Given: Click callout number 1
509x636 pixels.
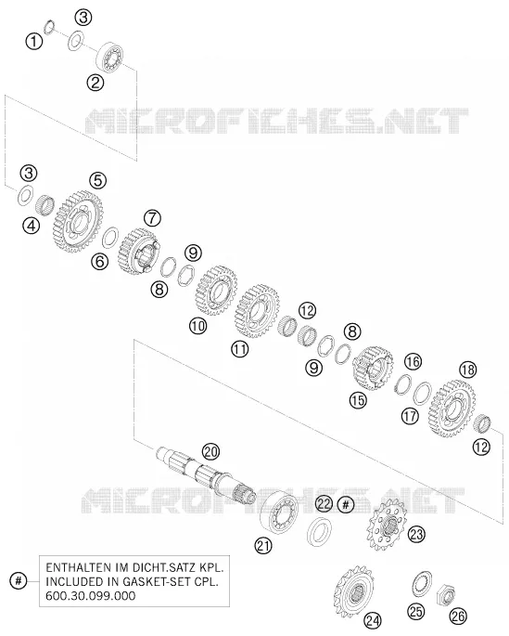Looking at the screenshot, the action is tap(34, 42).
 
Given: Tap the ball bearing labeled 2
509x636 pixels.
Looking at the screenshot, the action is tap(109, 58).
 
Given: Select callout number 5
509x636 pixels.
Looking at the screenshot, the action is tap(98, 180).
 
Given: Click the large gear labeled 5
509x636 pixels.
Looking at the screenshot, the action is tap(78, 222).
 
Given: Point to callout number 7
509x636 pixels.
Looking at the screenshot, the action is tap(152, 218).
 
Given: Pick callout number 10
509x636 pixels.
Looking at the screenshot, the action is tap(197, 326).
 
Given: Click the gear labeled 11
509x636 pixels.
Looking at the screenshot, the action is tap(257, 312).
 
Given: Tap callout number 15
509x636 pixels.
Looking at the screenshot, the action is tap(358, 401).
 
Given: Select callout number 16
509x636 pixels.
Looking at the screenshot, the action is tap(413, 361).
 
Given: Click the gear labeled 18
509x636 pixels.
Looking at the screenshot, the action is tap(452, 409).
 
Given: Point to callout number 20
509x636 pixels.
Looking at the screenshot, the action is tap(211, 451).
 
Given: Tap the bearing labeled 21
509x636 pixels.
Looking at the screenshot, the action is tap(278, 512).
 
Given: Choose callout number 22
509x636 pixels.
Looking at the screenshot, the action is tap(324, 504).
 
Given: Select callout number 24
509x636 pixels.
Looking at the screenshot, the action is tap(372, 620).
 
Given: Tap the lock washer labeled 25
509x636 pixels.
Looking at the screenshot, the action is tap(422, 585).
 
